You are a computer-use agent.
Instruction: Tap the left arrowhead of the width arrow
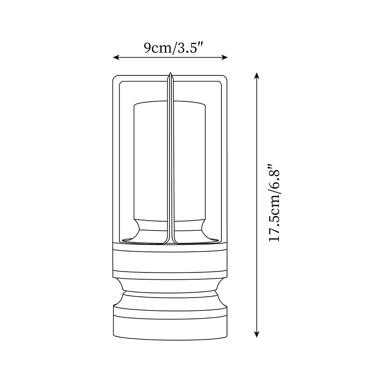[x=115, y=58]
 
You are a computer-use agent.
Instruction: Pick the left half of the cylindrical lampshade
[x=150, y=160]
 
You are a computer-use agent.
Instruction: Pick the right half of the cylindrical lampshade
[x=189, y=160]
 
